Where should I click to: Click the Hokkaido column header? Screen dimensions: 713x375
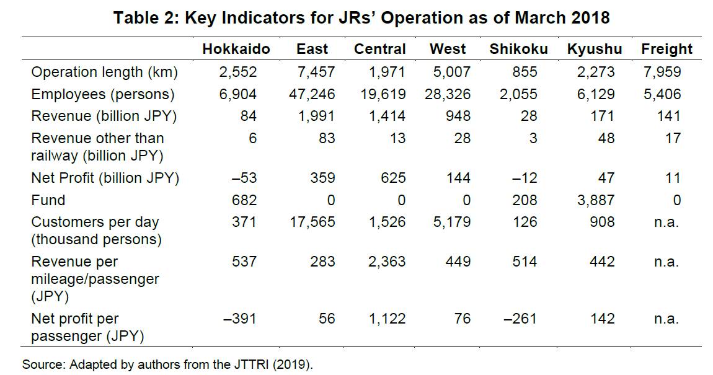tap(236, 49)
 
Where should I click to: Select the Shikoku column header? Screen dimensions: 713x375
tap(518, 49)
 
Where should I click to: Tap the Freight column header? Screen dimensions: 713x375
tap(666, 49)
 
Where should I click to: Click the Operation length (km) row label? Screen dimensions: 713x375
tap(104, 73)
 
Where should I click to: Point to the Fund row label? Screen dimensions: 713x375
tap(48, 200)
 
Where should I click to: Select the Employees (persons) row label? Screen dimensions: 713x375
tap(103, 95)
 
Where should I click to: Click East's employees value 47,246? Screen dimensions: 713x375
tap(312, 95)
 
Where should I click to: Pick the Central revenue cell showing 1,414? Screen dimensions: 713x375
tap(386, 117)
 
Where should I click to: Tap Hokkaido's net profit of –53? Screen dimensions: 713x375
tap(244, 178)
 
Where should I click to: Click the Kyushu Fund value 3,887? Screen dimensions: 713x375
tap(596, 200)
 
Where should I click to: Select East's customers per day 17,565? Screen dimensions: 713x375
tap(312, 223)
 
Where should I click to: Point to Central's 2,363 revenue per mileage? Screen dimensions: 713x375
tap(386, 262)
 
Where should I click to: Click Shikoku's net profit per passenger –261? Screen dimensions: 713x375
tap(520, 319)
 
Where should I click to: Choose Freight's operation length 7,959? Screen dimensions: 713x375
tap(662, 73)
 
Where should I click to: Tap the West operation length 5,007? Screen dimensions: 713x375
tap(452, 73)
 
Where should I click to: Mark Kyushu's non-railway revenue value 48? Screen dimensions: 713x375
tap(606, 138)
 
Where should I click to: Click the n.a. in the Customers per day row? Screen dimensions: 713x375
tap(666, 223)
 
